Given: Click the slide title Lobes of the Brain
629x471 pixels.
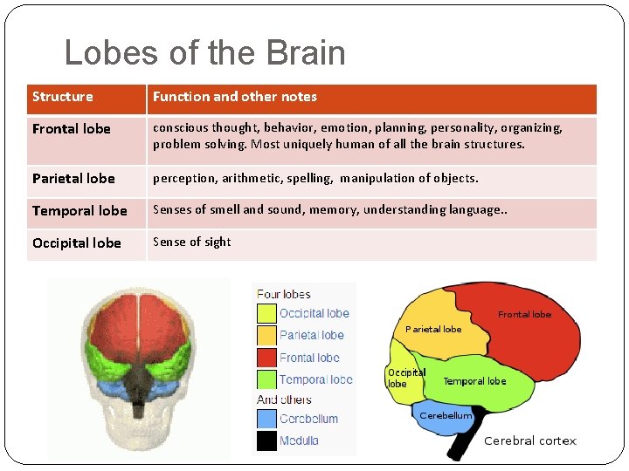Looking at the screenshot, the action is click(204, 53).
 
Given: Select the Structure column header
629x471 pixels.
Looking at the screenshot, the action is click(62, 97).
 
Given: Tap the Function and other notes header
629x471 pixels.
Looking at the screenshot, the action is click(234, 97).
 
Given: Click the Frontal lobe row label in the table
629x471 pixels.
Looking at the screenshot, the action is click(71, 129).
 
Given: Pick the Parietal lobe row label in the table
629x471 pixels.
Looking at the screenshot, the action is click(73, 179).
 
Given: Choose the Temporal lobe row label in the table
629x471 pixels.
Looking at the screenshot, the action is click(79, 211).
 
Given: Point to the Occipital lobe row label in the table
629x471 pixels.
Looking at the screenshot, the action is click(77, 243).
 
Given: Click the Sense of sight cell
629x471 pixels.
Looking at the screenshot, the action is click(191, 242).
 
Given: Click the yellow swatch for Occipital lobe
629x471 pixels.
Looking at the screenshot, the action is click(266, 313).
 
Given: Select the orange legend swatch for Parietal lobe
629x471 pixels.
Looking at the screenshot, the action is click(266, 335).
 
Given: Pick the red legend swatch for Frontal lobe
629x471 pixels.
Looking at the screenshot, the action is click(266, 358).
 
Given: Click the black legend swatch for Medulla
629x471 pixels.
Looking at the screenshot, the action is click(266, 441).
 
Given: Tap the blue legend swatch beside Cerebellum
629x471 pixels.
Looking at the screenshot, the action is click(266, 420).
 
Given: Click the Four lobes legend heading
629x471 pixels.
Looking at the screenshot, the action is click(283, 294).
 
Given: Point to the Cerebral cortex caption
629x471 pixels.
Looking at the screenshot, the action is click(530, 441).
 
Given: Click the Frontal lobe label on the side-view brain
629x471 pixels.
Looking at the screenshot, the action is click(524, 314).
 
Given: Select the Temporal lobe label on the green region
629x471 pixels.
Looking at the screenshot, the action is click(474, 381).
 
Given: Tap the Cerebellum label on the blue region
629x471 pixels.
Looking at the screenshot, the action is click(446, 416).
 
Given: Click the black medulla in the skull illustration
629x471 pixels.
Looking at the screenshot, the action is click(138, 385).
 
